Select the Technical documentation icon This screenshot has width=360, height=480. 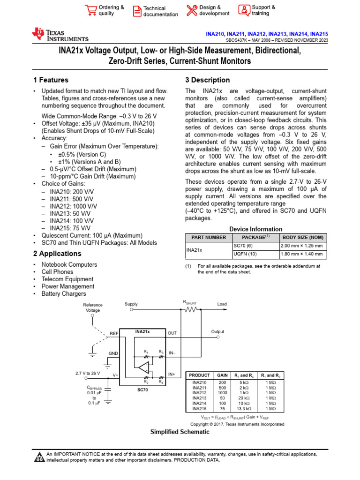click(137, 11)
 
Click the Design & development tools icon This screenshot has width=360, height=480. click(192, 10)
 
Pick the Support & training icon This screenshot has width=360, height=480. click(244, 10)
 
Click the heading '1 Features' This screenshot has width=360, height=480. click(51, 80)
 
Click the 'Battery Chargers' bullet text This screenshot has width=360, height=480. click(64, 294)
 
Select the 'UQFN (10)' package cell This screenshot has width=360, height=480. click(245, 254)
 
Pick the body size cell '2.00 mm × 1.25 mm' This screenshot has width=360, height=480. click(301, 246)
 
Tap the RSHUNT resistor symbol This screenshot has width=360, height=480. click(191, 309)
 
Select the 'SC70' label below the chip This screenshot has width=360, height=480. click(142, 390)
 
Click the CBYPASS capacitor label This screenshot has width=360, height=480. click(94, 389)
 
